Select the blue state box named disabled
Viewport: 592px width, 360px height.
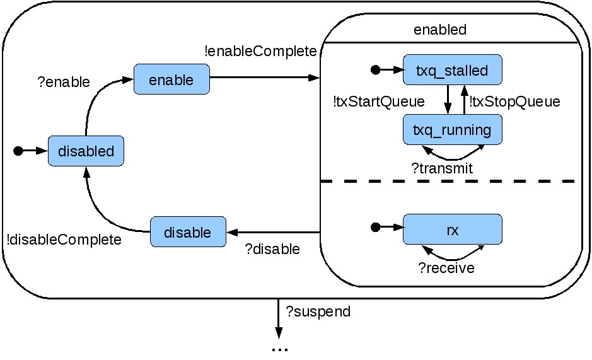point(86,151)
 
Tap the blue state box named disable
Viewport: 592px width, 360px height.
point(187,232)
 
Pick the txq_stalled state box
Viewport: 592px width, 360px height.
point(452,70)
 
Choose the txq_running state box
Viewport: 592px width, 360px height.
point(452,130)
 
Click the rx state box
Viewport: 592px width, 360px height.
point(452,230)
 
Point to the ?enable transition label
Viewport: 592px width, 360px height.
point(64,82)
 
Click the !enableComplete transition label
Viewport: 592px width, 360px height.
point(261,51)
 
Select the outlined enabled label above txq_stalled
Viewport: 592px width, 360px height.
point(440,30)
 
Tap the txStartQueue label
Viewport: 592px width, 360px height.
point(379,102)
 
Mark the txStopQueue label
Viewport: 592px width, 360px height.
point(515,102)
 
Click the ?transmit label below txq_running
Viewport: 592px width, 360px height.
point(442,168)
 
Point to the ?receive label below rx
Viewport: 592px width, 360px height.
point(446,268)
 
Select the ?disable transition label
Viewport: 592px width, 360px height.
point(272,249)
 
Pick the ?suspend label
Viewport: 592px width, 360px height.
point(318,311)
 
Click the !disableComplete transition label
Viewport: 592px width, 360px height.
point(64,240)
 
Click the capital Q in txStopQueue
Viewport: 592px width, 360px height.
point(522,102)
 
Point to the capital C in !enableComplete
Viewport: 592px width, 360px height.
point(260,51)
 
